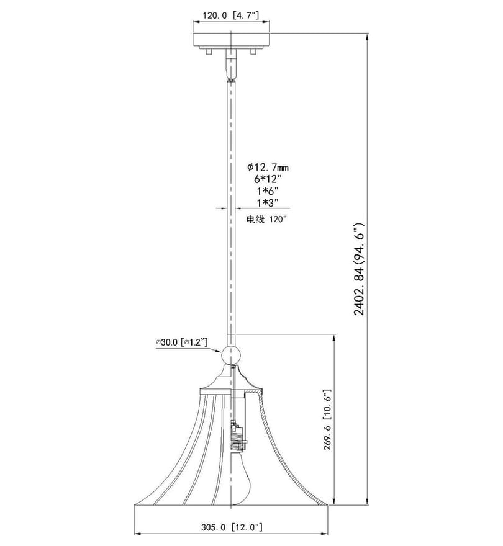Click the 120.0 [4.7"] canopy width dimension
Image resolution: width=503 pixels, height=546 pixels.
(x=231, y=16)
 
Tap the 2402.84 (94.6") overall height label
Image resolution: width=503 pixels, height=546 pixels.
(x=359, y=269)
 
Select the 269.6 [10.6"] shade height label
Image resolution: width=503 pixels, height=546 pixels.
(x=328, y=419)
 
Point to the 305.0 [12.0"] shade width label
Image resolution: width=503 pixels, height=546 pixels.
(x=232, y=527)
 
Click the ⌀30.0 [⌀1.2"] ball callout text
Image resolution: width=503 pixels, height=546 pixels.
(x=181, y=342)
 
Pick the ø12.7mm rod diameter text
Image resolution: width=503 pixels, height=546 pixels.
(x=268, y=168)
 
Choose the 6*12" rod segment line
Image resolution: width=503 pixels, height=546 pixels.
(x=268, y=179)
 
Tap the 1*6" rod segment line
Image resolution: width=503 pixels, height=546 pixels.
(x=268, y=191)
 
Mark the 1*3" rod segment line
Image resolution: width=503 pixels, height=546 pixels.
(x=268, y=202)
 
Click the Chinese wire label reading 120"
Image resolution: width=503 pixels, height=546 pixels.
(x=266, y=220)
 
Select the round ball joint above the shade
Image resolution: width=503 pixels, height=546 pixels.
(x=230, y=355)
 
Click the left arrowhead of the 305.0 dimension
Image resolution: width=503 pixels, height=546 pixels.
(x=138, y=533)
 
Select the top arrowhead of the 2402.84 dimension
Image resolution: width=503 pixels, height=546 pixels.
(x=367, y=37)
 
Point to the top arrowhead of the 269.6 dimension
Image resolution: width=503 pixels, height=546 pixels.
(x=335, y=338)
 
